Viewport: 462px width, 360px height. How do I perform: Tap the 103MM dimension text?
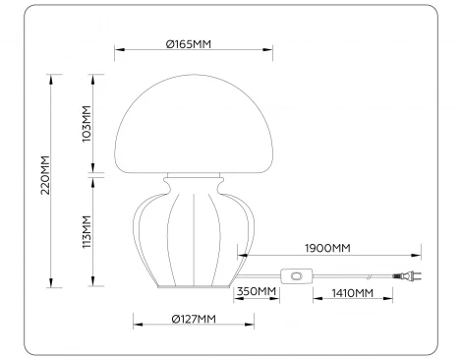point(87,125)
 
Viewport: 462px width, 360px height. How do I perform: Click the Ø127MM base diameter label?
point(194,318)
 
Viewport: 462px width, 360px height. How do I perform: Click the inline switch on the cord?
point(294,278)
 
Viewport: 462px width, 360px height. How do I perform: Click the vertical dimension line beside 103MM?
point(94,125)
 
